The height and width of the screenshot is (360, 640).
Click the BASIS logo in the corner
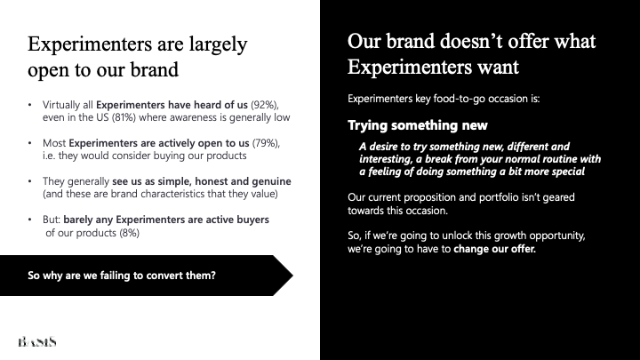tap(37, 341)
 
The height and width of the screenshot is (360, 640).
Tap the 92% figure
tap(265, 105)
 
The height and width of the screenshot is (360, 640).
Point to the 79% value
tap(266, 143)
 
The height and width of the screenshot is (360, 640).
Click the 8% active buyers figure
tap(130, 233)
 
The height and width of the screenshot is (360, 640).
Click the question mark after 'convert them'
tap(212, 275)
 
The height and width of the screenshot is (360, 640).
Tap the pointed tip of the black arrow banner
tap(292, 276)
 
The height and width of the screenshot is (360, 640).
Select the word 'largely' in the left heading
tap(219, 45)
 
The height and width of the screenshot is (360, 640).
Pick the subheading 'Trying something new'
tap(418, 125)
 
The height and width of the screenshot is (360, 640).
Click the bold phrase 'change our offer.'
tap(495, 249)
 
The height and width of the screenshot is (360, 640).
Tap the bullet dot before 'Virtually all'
tap(30, 105)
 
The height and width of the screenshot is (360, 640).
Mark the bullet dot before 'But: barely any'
tap(30, 220)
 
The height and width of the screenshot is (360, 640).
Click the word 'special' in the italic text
tap(569, 172)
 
